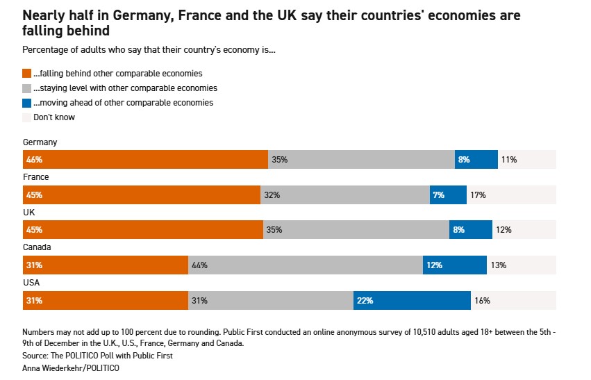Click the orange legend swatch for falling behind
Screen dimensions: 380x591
(27, 73)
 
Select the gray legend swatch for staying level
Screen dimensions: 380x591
(27, 88)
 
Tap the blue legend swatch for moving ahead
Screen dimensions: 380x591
(27, 103)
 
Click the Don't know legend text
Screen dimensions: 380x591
(54, 117)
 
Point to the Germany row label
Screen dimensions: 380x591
(40, 142)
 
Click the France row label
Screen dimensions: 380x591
(36, 177)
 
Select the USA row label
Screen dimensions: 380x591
(32, 282)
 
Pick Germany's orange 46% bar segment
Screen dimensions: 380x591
(145, 160)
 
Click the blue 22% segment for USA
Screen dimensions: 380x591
(412, 301)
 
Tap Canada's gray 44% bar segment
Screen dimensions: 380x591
(306, 265)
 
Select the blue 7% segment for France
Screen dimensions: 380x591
(448, 195)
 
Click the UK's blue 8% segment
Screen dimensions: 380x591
(470, 230)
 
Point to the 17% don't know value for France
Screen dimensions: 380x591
(478, 195)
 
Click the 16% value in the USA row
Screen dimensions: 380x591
(483, 301)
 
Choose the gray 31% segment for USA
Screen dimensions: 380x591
(271, 301)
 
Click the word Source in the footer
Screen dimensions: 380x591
(36, 356)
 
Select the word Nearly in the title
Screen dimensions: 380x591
(44, 15)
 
